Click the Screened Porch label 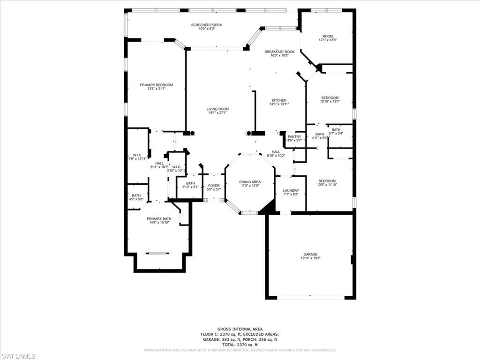click(206, 25)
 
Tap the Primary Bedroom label click(156, 85)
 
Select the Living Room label click(217, 109)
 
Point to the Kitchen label click(279, 100)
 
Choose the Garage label click(309, 255)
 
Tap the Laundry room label click(291, 191)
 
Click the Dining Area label click(250, 182)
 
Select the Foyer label click(214, 186)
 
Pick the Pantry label click(294, 136)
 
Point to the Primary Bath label click(159, 219)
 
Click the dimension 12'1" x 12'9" click(328, 40)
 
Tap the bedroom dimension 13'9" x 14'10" click(327, 185)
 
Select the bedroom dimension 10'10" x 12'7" click(330, 101)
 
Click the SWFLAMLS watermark click(18, 356)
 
